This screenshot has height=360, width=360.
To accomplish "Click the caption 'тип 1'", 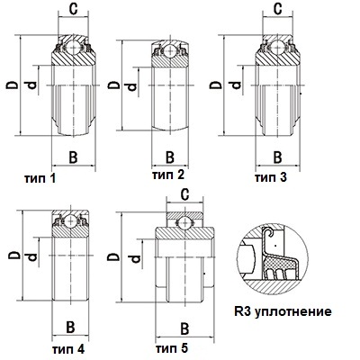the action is click(40, 179).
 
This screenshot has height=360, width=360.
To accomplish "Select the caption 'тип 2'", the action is click(168, 175).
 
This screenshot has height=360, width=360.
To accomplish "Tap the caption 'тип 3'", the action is click(271, 177).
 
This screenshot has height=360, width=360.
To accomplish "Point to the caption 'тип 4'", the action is click(68, 349).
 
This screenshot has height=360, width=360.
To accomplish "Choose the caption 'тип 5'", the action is click(172, 348).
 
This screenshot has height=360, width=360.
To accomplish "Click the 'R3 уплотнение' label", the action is click(283, 311).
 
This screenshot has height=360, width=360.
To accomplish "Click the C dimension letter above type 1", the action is click(73, 9).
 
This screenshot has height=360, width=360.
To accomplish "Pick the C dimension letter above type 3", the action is click(278, 9).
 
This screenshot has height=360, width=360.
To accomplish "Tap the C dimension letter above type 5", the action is click(184, 194).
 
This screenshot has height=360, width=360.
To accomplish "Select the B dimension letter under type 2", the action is click(170, 157).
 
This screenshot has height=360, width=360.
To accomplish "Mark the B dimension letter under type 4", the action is click(70, 327).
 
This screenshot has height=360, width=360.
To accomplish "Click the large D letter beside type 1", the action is click(13, 85).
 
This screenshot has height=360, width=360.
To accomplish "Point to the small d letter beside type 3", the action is click(236, 85).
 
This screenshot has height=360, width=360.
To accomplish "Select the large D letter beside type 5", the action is click(114, 256).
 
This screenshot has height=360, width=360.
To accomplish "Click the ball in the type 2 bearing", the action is click(170, 50).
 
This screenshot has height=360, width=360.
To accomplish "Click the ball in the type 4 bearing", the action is click(70, 220).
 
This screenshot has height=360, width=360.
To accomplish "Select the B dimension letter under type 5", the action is click(184, 328).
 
